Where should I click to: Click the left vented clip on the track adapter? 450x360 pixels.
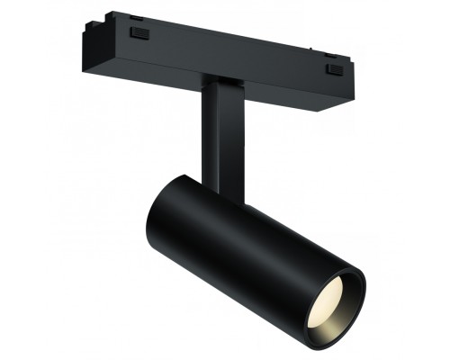point(139,33)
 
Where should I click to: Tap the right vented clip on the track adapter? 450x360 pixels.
point(335,68)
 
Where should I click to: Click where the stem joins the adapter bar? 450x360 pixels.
point(216,85)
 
